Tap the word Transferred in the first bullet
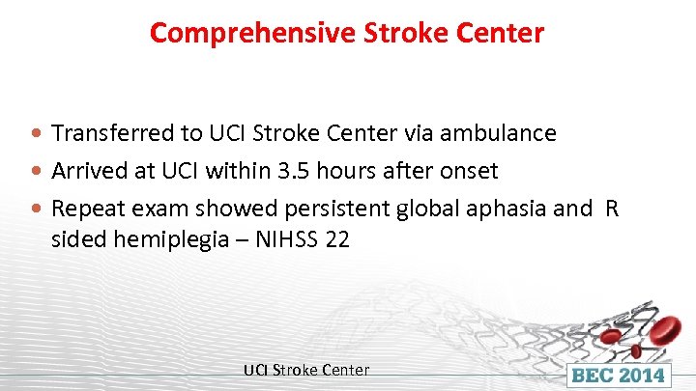coord(101,133)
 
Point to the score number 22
coord(337,239)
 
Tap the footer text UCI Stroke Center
coord(305,370)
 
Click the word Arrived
coord(83,172)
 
